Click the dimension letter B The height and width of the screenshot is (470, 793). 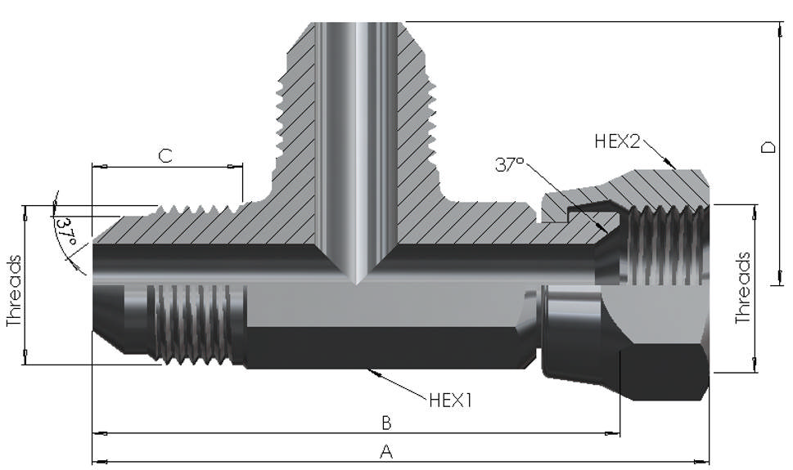(387, 423)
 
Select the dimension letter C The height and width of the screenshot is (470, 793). (165, 156)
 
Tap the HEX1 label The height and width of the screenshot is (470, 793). (451, 401)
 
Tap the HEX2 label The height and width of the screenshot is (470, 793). (617, 141)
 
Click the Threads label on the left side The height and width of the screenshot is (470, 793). (14, 292)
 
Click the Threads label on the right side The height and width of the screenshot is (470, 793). (742, 288)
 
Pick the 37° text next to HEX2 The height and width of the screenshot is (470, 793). (509, 164)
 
